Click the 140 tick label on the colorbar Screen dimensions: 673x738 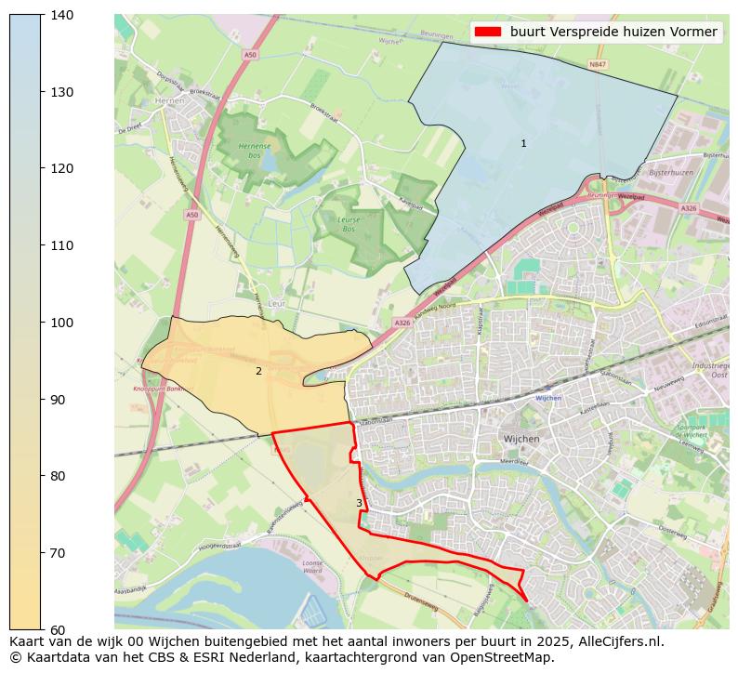[x=62, y=15]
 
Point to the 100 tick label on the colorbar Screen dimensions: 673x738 [x=62, y=323]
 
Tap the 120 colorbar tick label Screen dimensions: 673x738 [x=62, y=168]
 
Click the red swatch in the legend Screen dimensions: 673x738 [x=487, y=32]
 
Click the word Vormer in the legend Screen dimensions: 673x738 [x=695, y=32]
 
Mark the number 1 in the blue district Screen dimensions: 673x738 [x=523, y=143]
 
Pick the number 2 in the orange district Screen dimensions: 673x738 [x=258, y=371]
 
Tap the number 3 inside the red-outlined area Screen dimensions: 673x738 [x=359, y=503]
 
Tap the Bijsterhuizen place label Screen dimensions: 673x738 [x=671, y=173]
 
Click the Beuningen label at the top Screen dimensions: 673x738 [x=436, y=34]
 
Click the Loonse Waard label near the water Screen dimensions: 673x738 [x=312, y=567]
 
